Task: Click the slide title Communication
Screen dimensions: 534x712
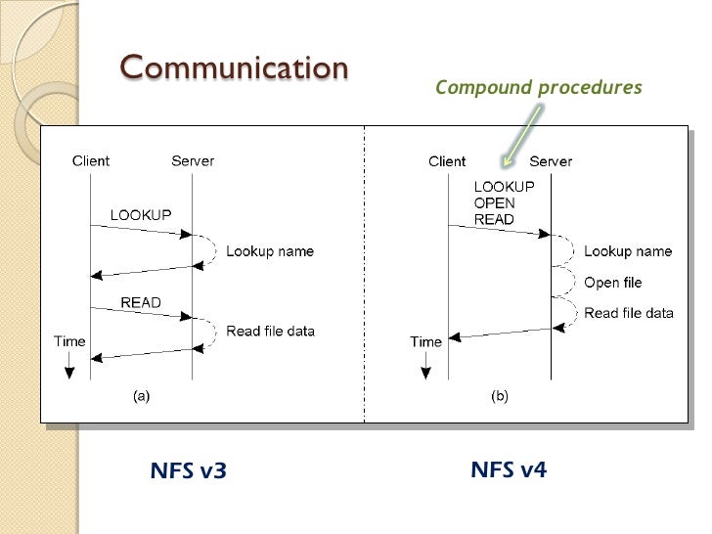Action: (x=234, y=68)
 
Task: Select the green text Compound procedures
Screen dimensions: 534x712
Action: (x=538, y=88)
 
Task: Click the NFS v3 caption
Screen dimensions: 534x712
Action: (x=188, y=471)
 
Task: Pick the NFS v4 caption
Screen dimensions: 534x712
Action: (x=509, y=469)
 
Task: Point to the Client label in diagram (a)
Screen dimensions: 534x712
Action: (x=91, y=161)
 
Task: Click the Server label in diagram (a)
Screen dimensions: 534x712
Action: (x=193, y=161)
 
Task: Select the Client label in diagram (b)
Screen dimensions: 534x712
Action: (x=447, y=161)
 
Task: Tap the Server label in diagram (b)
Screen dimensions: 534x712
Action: (x=551, y=161)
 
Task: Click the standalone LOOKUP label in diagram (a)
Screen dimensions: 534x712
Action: (x=141, y=214)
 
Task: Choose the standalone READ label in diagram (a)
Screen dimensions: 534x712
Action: (x=141, y=302)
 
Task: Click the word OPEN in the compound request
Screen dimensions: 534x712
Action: (x=494, y=203)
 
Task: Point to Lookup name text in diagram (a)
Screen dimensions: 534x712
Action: (x=270, y=251)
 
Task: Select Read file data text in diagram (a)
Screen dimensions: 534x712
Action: (x=271, y=331)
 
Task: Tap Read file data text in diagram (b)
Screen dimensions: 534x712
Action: (x=629, y=313)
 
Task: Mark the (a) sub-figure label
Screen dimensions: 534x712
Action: (x=141, y=396)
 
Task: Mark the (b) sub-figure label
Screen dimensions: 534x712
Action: (x=499, y=396)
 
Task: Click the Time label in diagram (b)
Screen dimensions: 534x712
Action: (x=426, y=342)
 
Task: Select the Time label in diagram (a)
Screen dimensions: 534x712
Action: (x=69, y=342)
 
